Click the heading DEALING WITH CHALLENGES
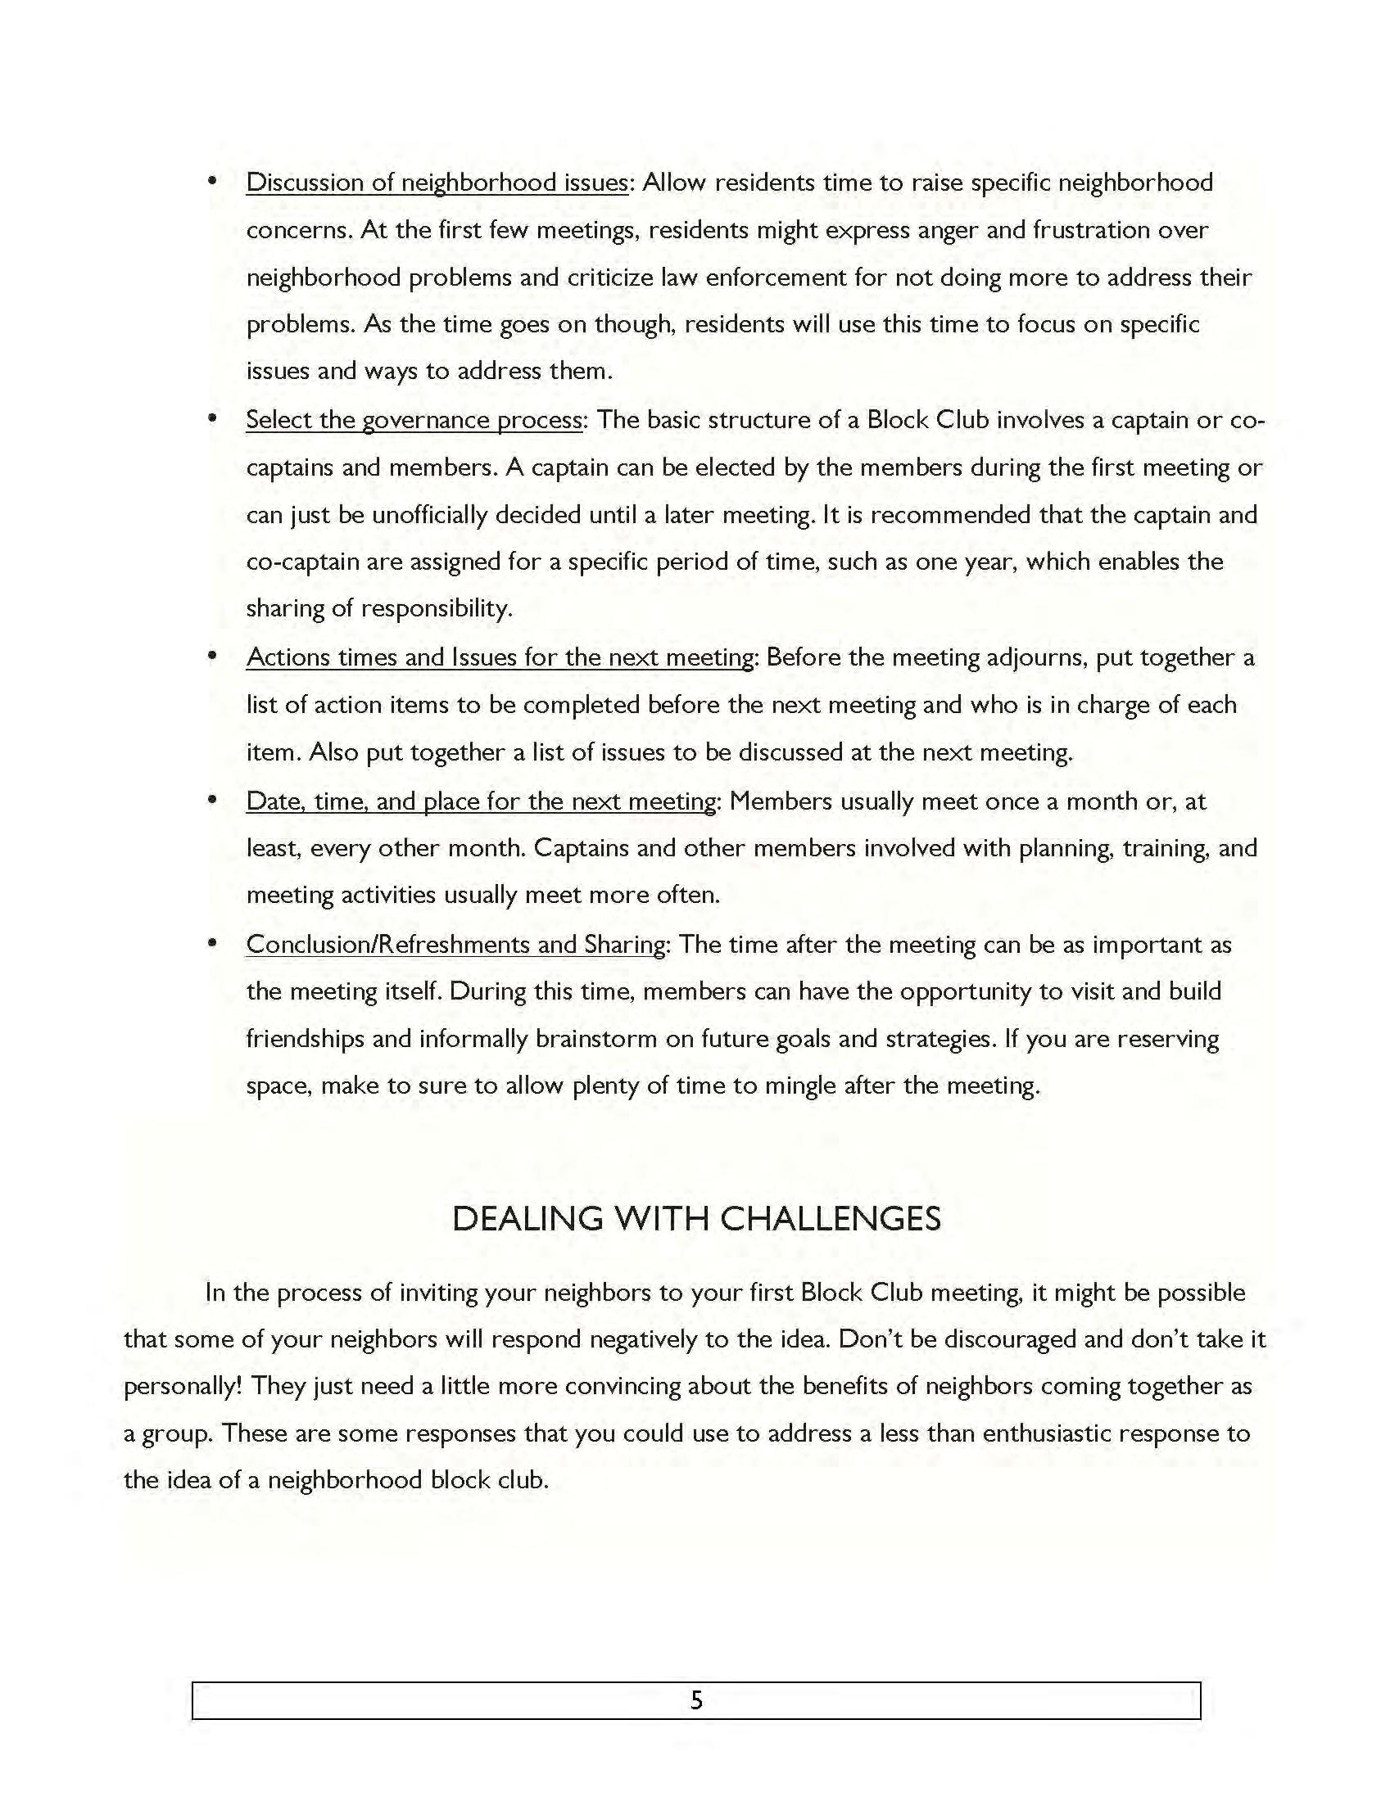696,1218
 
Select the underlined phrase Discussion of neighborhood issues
437,183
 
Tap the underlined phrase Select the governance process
414,420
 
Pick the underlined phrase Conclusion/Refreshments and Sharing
455,944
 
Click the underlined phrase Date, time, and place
481,801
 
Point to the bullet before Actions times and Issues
212,656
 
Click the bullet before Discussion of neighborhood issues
212,181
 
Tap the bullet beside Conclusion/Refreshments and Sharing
212,942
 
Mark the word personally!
183,1387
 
